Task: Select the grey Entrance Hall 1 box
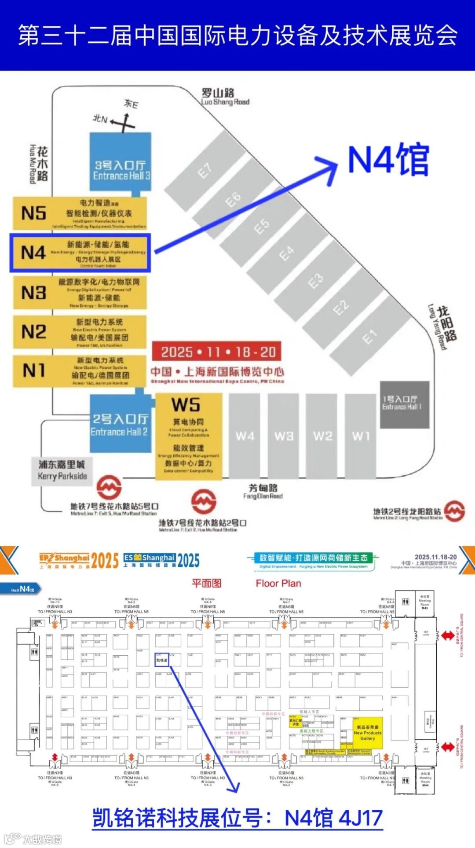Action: point(404,404)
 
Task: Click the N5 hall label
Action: point(34,213)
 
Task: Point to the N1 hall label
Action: point(34,370)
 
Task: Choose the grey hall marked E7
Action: point(205,170)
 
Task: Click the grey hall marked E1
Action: point(370,337)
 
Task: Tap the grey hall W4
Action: point(245,436)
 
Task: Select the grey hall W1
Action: point(361,436)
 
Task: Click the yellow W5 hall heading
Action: point(186,404)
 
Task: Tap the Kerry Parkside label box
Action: point(62,470)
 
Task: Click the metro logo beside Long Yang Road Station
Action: point(454,511)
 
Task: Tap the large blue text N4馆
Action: point(388,159)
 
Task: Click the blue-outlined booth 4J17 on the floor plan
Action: point(161,660)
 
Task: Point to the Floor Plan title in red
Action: point(278,584)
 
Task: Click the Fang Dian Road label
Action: point(263,491)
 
